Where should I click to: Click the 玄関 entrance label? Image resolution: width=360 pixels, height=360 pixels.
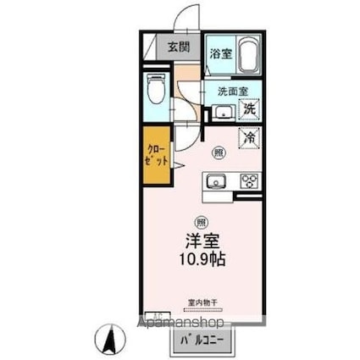pos(178,47)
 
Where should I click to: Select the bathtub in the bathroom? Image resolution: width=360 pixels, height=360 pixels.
pos(248,57)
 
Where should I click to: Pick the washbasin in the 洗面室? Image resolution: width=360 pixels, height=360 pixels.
pos(224,112)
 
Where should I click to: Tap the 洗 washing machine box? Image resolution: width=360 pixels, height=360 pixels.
pos(250,108)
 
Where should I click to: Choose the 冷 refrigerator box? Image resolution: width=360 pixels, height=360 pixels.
pos(250,136)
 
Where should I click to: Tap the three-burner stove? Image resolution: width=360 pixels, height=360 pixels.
pos(249,180)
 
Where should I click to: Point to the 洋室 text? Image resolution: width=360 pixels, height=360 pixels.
pos(202,240)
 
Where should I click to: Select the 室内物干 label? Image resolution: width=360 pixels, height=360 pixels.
pos(202,302)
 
